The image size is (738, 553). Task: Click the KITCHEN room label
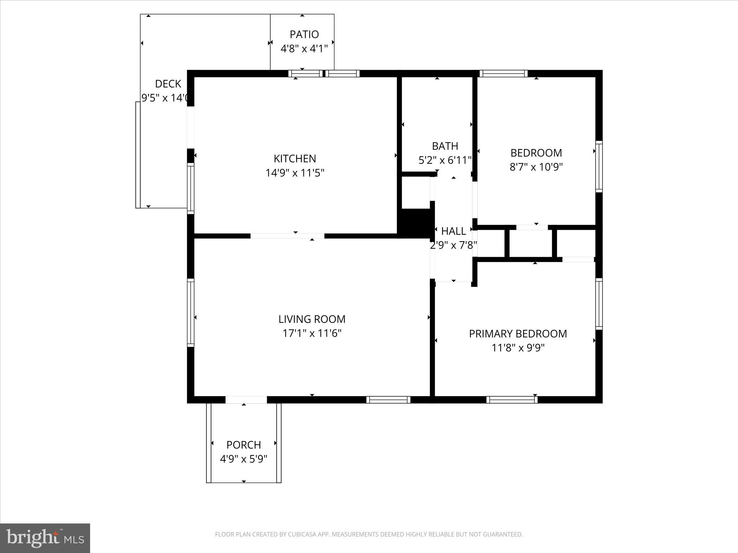coord(295,158)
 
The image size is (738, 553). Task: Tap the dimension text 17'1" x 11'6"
coord(312,333)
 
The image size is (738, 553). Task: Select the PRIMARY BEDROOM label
coord(518,334)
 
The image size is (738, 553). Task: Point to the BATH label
coord(445,146)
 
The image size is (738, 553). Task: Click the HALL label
coord(453,231)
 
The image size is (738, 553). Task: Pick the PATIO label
coord(304,35)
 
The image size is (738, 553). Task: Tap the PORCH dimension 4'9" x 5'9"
coord(244,459)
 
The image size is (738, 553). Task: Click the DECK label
coord(168,84)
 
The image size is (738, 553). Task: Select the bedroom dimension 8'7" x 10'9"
coord(536,167)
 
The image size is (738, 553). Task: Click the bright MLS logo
coord(45,538)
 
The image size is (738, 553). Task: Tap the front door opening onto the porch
coord(246,400)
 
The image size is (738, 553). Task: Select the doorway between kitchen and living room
coord(287,236)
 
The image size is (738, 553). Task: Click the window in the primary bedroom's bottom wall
coord(512,400)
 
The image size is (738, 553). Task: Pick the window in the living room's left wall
coord(191,313)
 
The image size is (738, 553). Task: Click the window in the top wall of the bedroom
coord(503,73)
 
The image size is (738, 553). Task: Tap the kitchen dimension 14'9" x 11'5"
coord(295,173)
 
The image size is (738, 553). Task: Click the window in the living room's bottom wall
coord(388,400)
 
